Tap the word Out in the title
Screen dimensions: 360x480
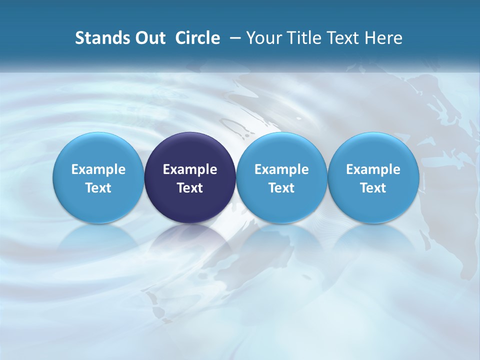click(x=148, y=38)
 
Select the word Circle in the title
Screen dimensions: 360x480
click(x=197, y=38)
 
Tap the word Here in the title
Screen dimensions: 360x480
click(x=384, y=38)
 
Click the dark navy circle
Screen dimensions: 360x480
click(x=190, y=150)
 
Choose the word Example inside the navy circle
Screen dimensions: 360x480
click(x=190, y=169)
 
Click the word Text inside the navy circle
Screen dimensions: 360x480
click(x=190, y=188)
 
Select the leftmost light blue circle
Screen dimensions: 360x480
click(x=98, y=150)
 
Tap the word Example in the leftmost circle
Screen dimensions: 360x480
click(x=98, y=169)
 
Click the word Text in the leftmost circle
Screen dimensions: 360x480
click(x=98, y=188)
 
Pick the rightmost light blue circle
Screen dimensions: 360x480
click(x=373, y=150)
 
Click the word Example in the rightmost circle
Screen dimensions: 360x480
click(x=373, y=169)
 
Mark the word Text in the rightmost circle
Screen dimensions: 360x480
click(x=373, y=188)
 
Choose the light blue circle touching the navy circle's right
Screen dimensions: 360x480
click(x=281, y=150)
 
